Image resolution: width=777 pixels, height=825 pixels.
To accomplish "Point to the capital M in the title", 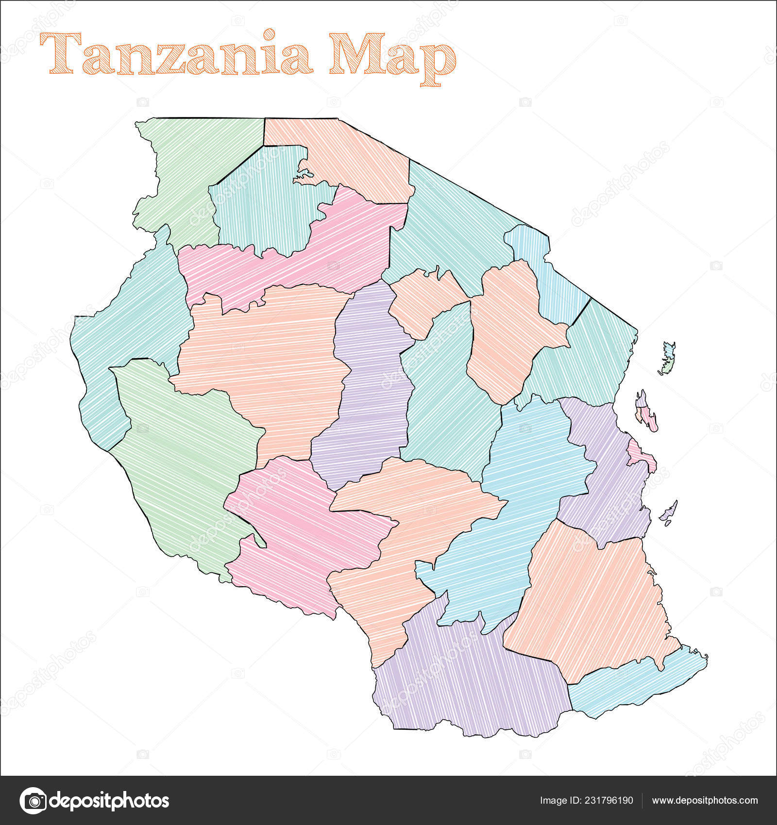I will coord(354,53).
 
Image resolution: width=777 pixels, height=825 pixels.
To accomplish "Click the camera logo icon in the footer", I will coord(33,800).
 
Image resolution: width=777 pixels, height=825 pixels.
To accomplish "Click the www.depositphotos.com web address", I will coord(705,800).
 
